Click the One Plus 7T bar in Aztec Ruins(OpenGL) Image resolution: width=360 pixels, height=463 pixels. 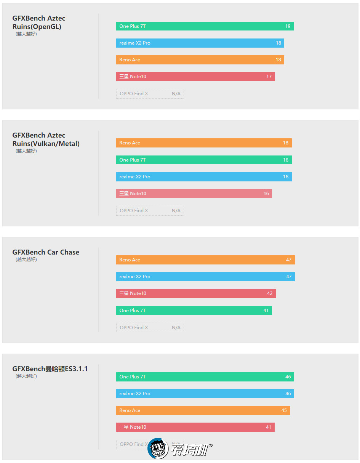pos(205,26)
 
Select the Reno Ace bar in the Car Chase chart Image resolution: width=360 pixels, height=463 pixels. pos(205,260)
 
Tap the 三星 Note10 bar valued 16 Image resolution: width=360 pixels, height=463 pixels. pos(194,194)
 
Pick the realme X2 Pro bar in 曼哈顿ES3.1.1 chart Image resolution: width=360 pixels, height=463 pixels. pos(205,394)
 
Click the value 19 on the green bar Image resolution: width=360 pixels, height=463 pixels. pos(288,26)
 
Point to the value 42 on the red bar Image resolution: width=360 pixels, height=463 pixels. pos(270,293)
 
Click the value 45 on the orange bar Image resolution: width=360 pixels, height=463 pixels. pos(284,410)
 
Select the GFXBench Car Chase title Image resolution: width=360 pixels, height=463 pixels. pos(46,252)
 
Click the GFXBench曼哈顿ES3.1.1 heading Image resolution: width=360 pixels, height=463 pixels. pos(50,369)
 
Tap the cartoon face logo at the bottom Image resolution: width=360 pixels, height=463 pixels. pos(158,449)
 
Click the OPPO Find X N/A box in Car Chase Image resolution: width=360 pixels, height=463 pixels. pos(150,328)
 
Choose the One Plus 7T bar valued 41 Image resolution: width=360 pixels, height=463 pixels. pos(194,311)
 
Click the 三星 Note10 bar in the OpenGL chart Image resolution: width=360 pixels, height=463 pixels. pos(195,77)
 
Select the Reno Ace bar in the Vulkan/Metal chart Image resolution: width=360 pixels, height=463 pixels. pos(204,143)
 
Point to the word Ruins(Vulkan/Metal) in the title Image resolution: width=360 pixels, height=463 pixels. pos(46,144)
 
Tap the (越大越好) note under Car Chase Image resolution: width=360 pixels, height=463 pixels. pos(26,260)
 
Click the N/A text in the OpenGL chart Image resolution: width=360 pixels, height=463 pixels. pos(176,94)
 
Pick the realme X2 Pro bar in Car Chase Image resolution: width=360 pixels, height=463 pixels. pos(205,277)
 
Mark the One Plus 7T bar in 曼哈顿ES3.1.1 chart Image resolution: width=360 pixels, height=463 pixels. pos(205,377)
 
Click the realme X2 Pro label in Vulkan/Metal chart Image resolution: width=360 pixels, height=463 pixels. pos(135,177)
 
